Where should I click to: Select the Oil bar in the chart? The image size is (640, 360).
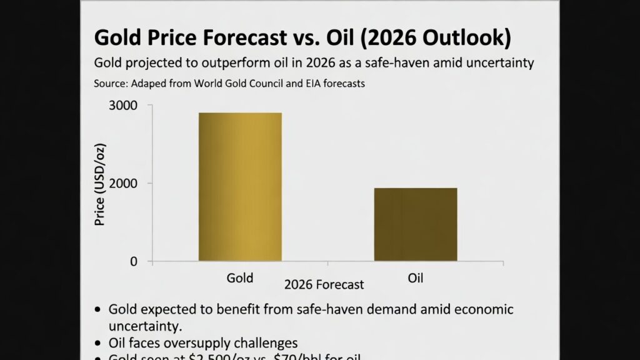point(416,224)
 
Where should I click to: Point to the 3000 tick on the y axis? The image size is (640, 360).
point(124,105)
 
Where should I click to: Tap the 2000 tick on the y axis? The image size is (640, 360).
point(124,183)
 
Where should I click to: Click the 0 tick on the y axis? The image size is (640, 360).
point(133,261)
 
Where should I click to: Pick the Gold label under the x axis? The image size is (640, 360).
point(240,277)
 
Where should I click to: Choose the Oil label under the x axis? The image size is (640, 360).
point(416,277)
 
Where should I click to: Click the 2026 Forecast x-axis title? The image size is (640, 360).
point(324,285)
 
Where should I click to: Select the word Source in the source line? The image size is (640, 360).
point(109,82)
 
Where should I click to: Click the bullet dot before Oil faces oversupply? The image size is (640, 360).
point(98,343)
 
